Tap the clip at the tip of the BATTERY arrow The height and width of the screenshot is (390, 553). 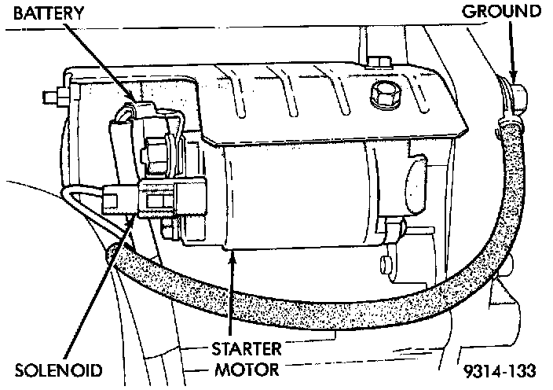[138, 110]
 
